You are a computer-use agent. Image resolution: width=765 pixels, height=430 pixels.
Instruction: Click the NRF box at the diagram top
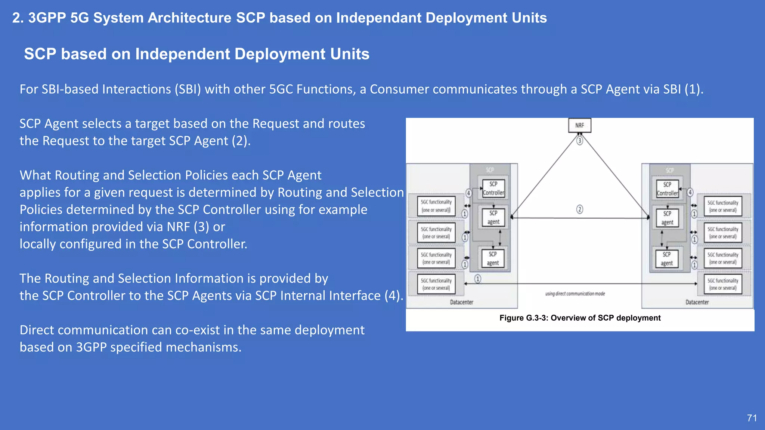point(579,125)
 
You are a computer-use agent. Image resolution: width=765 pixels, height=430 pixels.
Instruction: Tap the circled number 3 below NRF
point(579,141)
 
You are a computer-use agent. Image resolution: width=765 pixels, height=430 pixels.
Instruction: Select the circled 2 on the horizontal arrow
point(579,209)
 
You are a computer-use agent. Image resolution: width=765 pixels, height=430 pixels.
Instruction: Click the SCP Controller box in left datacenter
point(493,188)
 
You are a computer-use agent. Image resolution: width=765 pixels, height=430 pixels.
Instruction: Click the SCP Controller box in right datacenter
point(667,189)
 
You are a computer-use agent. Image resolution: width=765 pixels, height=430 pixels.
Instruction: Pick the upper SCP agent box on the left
point(493,217)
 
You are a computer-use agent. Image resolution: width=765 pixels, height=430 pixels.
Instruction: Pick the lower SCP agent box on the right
point(667,259)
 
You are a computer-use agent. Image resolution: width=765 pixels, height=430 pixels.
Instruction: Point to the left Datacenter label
point(461,302)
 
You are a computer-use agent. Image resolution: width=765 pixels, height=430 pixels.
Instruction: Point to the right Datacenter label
point(697,302)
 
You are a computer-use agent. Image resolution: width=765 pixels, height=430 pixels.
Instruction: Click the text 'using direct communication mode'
point(575,294)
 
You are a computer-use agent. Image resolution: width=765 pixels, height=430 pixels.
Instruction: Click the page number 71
point(752,418)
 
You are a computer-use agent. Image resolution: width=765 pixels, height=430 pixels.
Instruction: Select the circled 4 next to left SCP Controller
point(468,193)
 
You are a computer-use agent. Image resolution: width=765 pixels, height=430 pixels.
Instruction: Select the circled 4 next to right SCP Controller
point(690,192)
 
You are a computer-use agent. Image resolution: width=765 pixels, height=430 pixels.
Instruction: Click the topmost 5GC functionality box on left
point(436,206)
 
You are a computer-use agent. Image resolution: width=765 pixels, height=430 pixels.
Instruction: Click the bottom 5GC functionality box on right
point(723,284)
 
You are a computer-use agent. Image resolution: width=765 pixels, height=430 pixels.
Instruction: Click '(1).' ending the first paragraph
point(694,89)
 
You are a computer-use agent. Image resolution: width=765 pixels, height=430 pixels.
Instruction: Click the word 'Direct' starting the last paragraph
point(37,330)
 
